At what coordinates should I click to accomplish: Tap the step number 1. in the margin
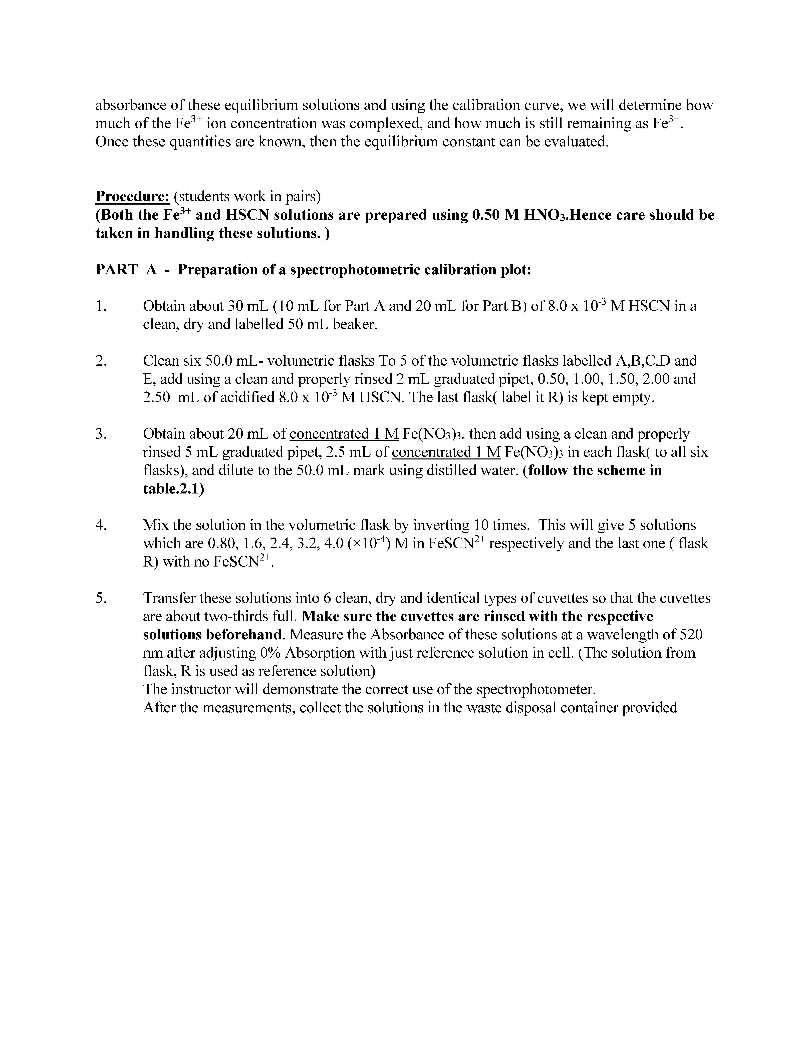click(101, 306)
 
